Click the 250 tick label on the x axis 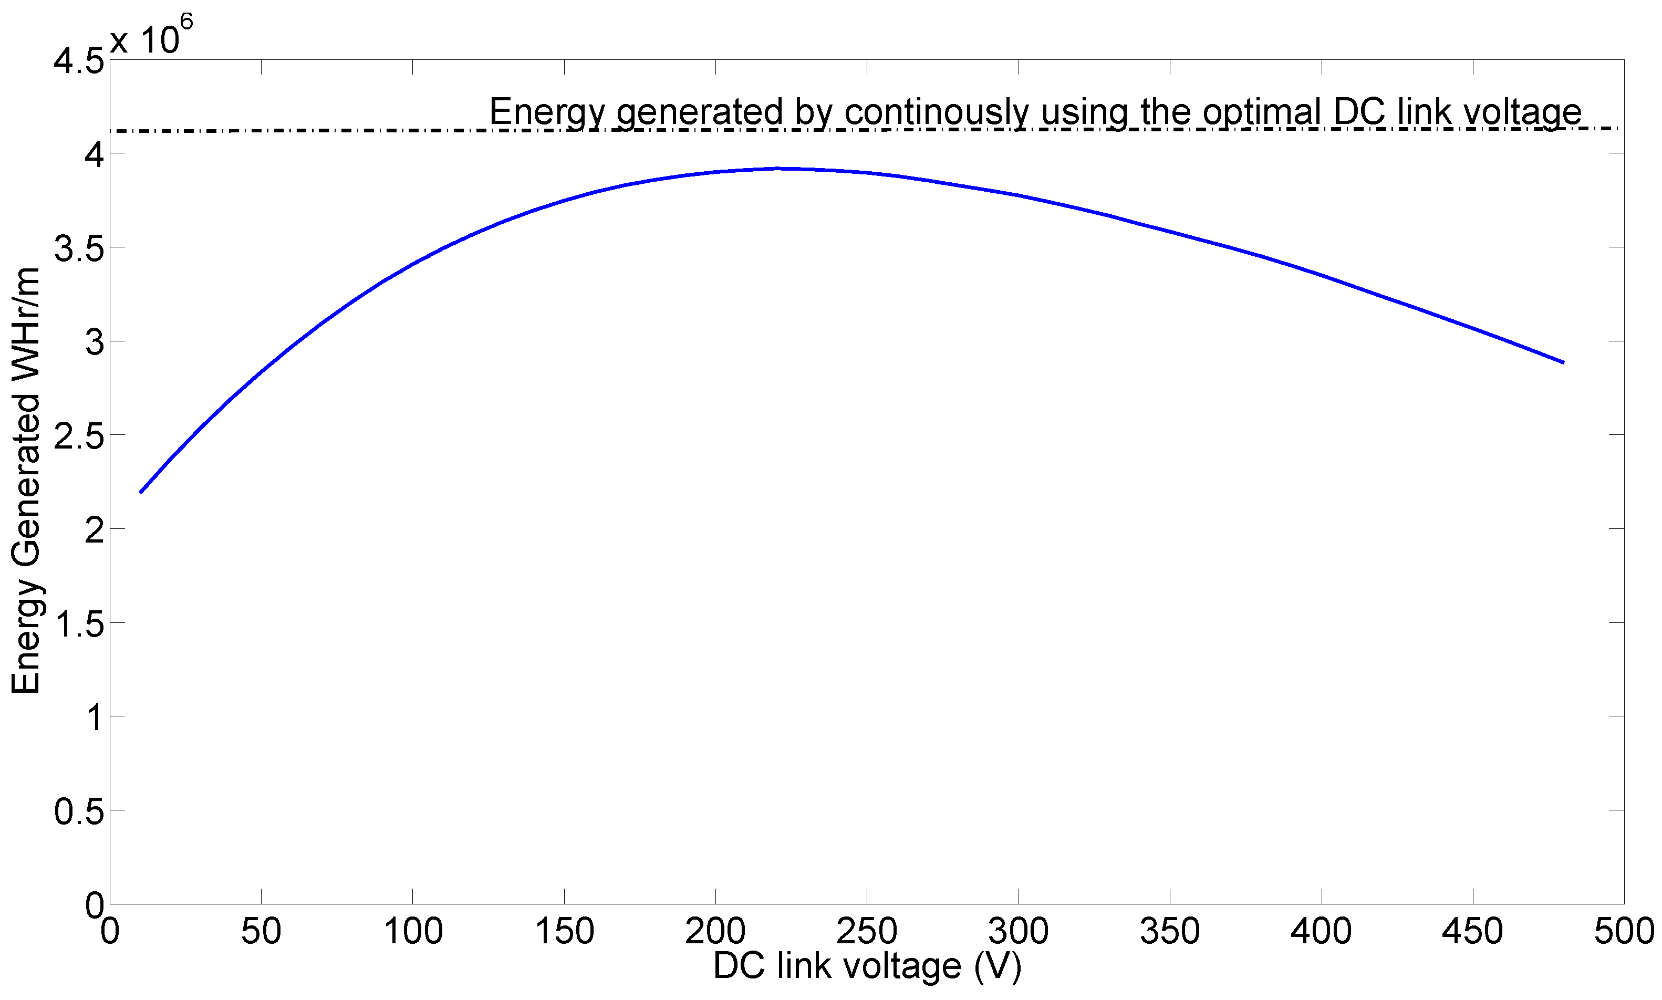coord(866,932)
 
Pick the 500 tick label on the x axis coord(1623,932)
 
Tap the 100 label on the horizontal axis coord(412,932)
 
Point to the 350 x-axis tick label coord(1169,932)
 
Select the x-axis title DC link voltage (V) coord(867,966)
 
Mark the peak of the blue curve coord(778,169)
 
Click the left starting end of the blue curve coord(141,492)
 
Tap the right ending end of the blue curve coord(1563,362)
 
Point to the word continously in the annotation coord(937,111)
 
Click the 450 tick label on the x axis coord(1472,932)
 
